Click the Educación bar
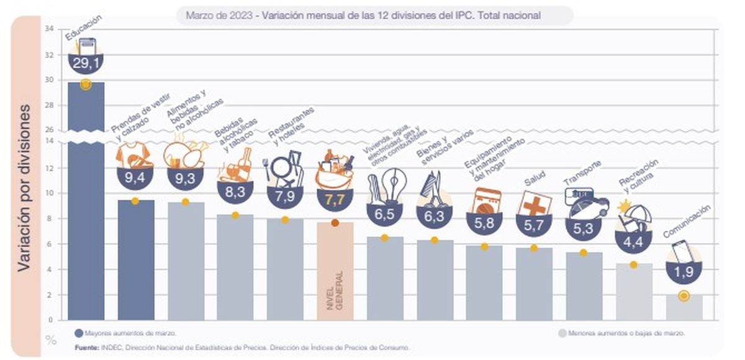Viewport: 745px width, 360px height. click(x=86, y=205)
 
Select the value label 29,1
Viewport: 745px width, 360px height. click(x=86, y=63)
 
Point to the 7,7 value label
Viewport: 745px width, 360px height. click(x=335, y=200)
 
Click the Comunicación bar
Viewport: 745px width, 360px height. click(x=684, y=308)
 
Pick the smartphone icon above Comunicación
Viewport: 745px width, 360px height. click(x=684, y=251)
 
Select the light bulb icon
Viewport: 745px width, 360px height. click(x=392, y=184)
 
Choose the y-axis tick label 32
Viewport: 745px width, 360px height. click(x=50, y=54)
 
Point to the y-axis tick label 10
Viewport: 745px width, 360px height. click(x=50, y=193)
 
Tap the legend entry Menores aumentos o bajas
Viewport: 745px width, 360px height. click(x=621, y=333)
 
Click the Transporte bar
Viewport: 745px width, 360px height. click(x=584, y=286)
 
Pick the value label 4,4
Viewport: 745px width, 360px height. click(x=633, y=240)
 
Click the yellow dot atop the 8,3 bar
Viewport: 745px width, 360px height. click(x=235, y=215)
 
